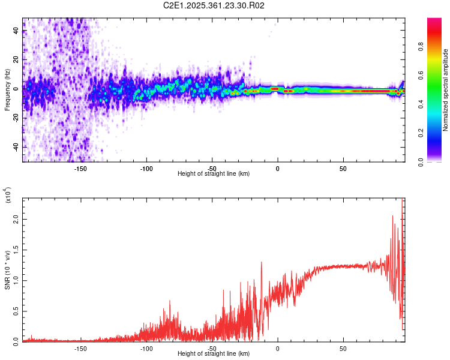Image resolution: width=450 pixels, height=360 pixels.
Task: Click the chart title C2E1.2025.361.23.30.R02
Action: click(x=214, y=6)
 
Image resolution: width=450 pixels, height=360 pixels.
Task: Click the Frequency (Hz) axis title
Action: click(x=7, y=90)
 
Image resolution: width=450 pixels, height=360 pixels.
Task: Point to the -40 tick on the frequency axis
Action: click(x=16, y=147)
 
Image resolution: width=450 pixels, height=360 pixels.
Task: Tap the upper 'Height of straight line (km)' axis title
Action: click(x=214, y=173)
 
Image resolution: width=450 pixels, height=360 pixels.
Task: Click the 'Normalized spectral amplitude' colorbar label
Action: click(x=445, y=90)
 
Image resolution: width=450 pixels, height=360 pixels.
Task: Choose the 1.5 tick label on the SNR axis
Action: click(x=16, y=250)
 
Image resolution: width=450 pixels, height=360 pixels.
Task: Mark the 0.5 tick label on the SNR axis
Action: click(x=16, y=311)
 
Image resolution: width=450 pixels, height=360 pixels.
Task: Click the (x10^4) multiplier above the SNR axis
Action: click(x=8, y=195)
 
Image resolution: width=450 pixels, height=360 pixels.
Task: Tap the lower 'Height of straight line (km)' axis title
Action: click(x=214, y=354)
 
